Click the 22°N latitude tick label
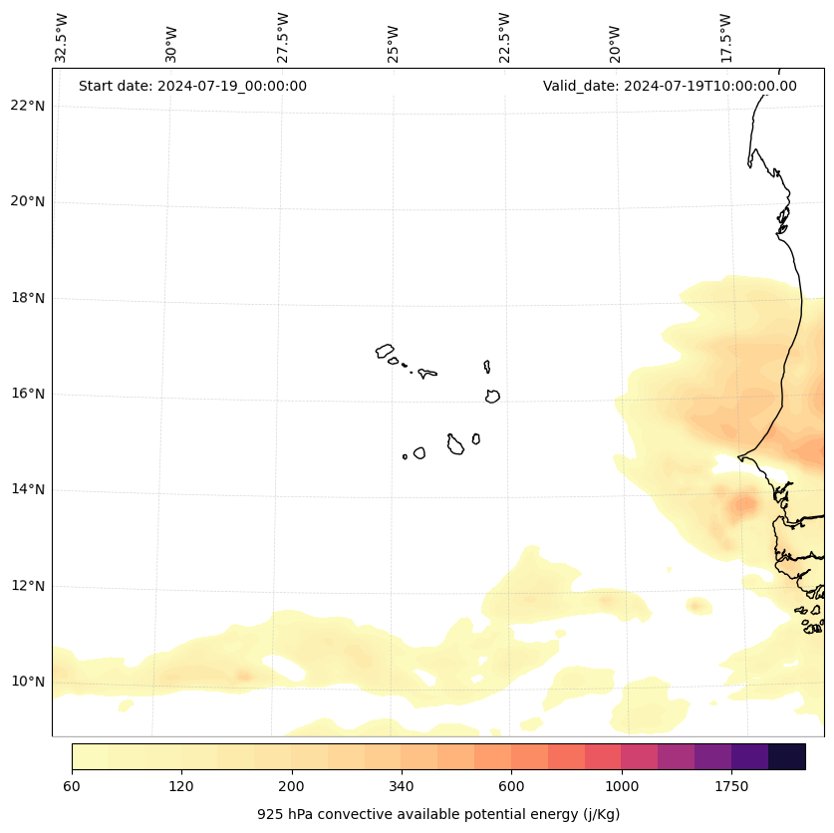[27, 106]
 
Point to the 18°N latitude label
[27, 298]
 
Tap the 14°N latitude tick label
[27, 489]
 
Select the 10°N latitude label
[27, 682]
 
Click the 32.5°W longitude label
[62, 38]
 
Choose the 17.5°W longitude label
[726, 38]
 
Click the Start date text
[192, 86]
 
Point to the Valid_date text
[670, 86]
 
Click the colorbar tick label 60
[72, 786]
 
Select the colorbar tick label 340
[402, 786]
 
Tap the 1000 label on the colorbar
[621, 786]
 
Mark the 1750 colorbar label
[731, 786]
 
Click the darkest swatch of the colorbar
[787, 756]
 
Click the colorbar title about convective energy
[438, 814]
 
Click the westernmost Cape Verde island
[385, 351]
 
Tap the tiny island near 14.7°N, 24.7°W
[405, 456]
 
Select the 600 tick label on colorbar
[511, 786]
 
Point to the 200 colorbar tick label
[291, 786]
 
